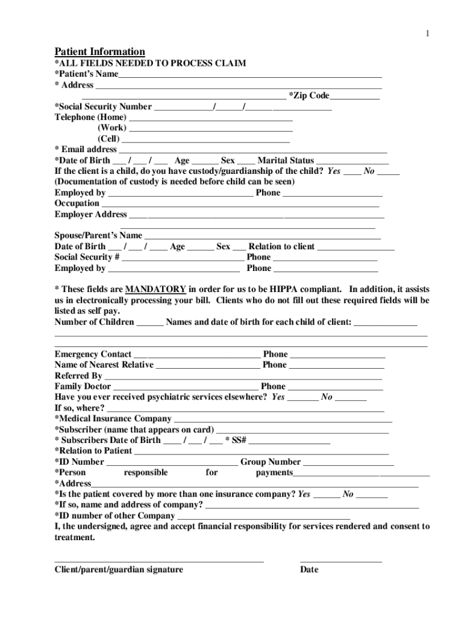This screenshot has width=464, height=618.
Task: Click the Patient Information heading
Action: pos(100,52)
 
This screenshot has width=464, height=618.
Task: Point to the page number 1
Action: pos(427,34)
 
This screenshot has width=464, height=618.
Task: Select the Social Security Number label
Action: pos(103,107)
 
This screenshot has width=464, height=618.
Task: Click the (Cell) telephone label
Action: pos(112,139)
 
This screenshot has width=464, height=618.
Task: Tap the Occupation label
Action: pos(77,203)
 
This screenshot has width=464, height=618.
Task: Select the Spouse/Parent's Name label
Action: pos(98,235)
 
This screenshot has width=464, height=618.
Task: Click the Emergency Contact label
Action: pos(93,354)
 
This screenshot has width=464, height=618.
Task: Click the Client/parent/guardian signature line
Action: pos(159,561)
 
